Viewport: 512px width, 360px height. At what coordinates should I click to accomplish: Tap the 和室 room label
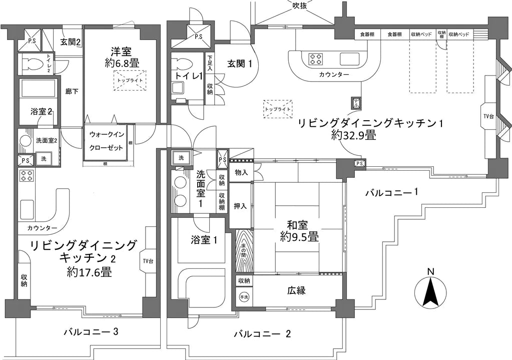pyautogui.click(x=299, y=230)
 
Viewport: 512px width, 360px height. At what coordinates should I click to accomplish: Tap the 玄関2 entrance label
pyautogui.click(x=71, y=42)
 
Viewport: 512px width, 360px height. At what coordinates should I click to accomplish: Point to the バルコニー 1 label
pyautogui.click(x=391, y=192)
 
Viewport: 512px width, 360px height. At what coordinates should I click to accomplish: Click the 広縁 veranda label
pyautogui.click(x=296, y=290)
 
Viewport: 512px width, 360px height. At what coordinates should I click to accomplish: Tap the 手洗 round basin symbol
pyautogui.click(x=244, y=296)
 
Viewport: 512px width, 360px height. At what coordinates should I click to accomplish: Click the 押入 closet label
pyautogui.click(x=240, y=206)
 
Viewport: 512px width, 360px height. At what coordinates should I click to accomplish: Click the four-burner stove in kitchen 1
pyautogui.click(x=315, y=59)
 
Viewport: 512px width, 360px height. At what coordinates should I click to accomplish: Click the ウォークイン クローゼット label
pyautogui.click(x=106, y=142)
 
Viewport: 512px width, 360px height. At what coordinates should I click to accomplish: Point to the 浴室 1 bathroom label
pyautogui.click(x=204, y=240)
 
